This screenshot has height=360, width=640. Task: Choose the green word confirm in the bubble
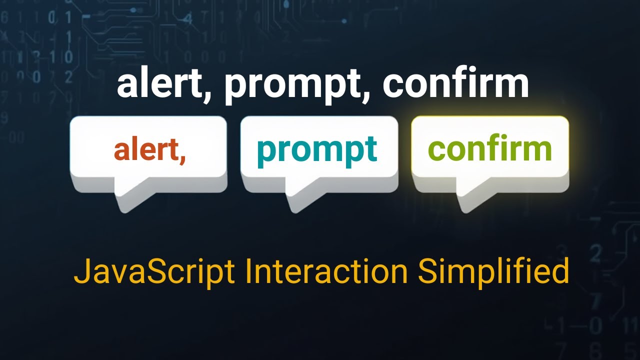coord(490,148)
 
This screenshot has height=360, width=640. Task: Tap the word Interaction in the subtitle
coord(326,271)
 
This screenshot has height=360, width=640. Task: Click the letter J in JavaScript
coord(80,271)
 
